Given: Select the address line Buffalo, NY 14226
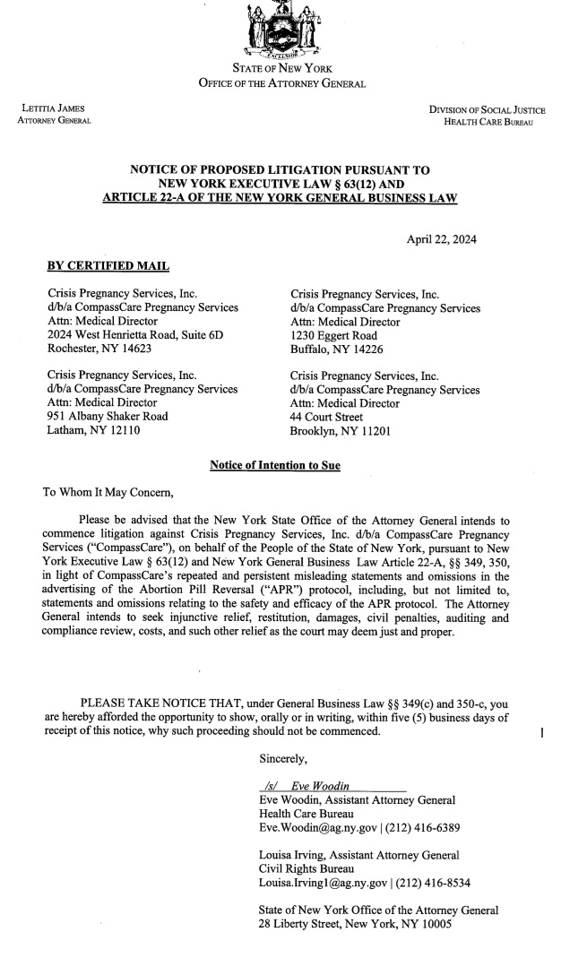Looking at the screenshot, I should coord(337,349).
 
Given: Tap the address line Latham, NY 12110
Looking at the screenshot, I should coord(93,431).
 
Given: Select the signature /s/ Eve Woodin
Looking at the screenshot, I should coord(309,786).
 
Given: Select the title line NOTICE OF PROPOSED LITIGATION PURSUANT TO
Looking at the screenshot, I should coord(280,169).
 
